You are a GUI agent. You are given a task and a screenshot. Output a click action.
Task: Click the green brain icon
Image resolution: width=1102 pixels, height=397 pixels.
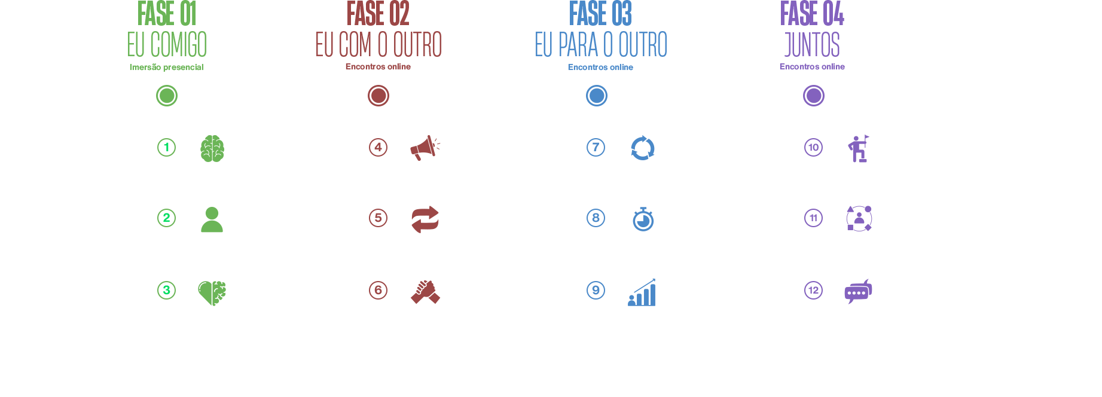point(212,148)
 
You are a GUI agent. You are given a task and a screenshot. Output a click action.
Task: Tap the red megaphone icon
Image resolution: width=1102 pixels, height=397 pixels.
point(425,148)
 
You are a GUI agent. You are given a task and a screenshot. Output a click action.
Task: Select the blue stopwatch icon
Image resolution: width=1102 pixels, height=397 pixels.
point(643,219)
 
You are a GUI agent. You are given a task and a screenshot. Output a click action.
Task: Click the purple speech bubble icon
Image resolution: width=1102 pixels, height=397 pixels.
point(858,291)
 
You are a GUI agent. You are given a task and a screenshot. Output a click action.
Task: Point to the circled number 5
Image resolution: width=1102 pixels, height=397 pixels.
point(378,218)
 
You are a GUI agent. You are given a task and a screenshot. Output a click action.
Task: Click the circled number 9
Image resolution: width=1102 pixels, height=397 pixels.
point(596,290)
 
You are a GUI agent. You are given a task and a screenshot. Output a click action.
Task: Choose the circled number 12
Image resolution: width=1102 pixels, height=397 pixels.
point(813,290)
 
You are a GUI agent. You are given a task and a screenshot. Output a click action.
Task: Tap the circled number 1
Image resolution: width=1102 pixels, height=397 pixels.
point(166,147)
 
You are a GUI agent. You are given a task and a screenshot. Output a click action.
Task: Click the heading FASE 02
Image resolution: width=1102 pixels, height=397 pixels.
point(378,13)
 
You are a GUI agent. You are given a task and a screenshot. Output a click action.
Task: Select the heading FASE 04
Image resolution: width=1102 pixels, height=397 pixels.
point(812,13)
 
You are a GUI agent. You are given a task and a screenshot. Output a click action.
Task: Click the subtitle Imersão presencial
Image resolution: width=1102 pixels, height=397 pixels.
point(167,67)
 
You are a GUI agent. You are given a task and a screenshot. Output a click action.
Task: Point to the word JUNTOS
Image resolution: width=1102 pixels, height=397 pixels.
point(812,45)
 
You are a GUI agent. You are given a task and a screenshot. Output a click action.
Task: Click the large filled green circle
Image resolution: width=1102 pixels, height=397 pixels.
point(167,96)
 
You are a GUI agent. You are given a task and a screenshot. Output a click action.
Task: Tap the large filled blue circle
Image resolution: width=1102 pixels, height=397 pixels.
point(597,96)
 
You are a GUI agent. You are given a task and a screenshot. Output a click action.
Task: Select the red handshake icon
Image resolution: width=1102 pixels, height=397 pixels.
point(425,292)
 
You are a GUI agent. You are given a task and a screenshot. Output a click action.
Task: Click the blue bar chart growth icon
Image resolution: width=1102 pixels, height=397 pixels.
point(642,292)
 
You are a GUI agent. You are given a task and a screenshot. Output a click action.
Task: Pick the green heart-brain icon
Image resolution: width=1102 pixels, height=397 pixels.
point(212,293)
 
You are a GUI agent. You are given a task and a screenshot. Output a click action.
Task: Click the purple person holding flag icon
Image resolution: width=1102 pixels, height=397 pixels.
point(859,148)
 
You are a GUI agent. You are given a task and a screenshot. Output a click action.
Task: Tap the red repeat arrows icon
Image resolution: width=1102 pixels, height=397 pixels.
point(425,219)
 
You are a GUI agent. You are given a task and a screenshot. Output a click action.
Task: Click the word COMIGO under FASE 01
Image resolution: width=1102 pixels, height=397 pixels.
point(179,45)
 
